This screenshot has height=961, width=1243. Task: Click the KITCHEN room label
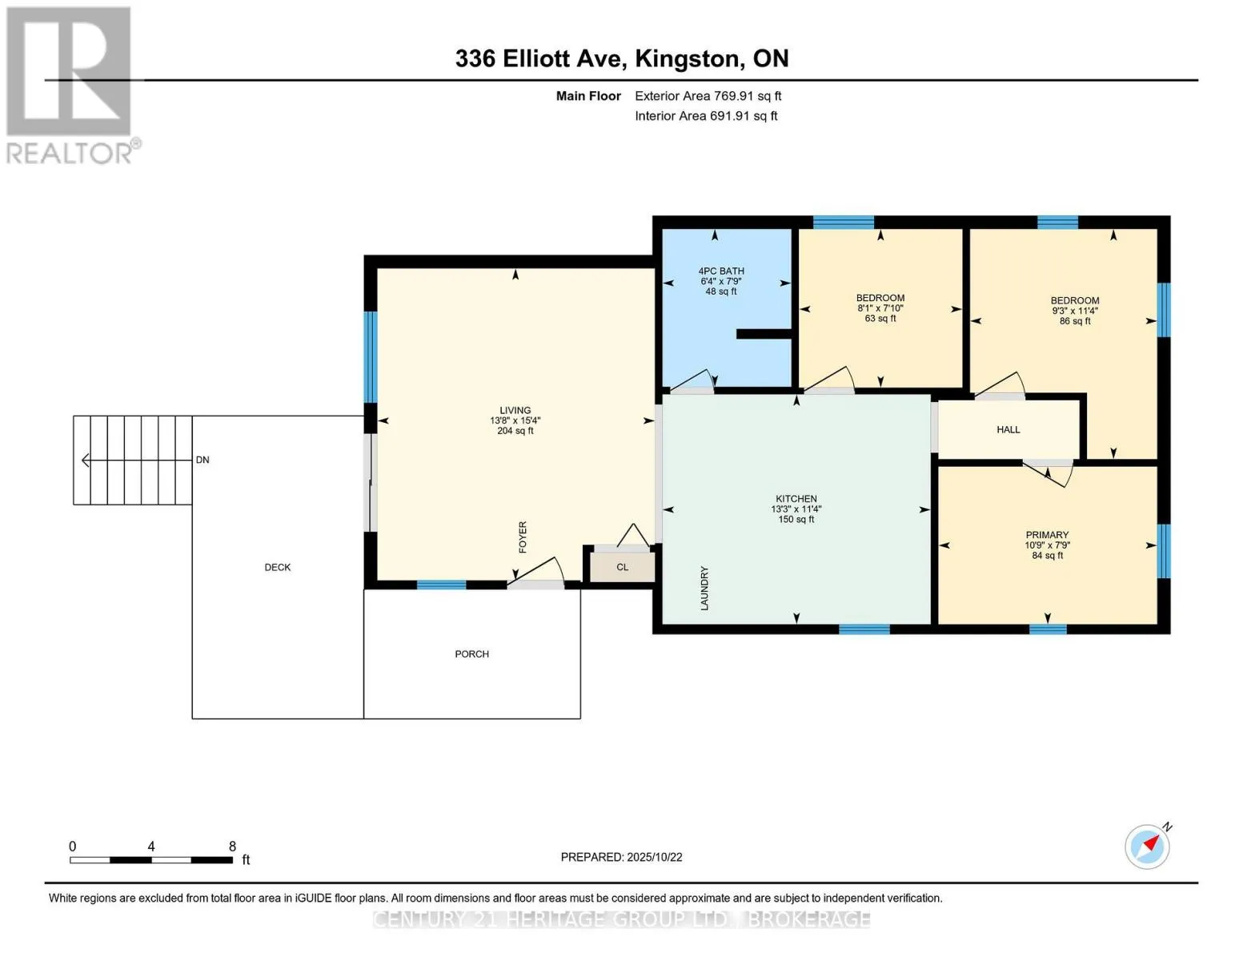click(796, 499)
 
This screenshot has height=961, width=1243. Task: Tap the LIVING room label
click(515, 410)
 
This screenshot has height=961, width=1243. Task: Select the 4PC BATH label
click(720, 271)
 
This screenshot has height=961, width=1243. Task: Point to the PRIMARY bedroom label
click(1047, 535)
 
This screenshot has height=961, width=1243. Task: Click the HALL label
click(1008, 430)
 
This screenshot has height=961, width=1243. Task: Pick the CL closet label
click(623, 567)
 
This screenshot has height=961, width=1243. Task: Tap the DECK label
click(278, 567)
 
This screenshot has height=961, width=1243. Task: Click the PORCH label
click(472, 654)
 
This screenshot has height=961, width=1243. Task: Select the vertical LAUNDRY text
click(704, 589)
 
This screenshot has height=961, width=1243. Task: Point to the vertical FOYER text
click(523, 537)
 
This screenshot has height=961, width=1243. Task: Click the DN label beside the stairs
click(202, 460)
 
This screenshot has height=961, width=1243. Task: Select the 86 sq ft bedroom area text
click(1075, 321)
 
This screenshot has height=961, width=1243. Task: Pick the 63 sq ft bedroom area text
click(880, 318)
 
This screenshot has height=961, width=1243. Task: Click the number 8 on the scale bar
click(232, 846)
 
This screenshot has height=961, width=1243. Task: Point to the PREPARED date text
click(621, 858)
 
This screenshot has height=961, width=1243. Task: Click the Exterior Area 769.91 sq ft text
click(708, 96)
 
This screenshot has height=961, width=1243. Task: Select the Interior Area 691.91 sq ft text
click(706, 116)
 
